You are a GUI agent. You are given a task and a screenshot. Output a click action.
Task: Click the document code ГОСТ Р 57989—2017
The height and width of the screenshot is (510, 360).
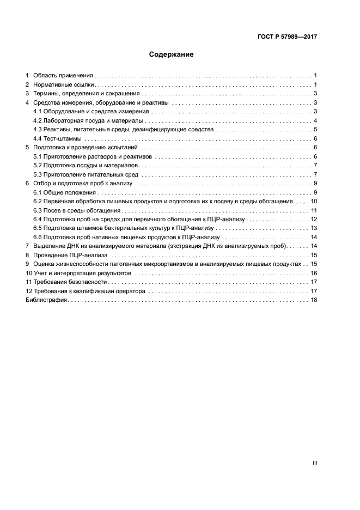pos(287,37)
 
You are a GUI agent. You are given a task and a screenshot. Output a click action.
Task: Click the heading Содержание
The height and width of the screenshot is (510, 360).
pos(172,55)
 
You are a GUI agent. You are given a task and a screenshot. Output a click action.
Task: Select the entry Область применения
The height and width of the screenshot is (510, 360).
pos(63,76)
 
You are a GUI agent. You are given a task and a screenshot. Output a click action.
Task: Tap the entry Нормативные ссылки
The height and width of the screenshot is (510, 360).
pos(64,85)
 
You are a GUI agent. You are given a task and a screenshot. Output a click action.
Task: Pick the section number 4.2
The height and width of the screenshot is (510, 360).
pos(38,120)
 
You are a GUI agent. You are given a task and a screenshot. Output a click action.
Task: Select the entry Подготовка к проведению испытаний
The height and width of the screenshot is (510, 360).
pos(87,148)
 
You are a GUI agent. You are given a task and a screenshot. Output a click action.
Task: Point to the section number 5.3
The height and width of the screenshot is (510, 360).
pos(38,175)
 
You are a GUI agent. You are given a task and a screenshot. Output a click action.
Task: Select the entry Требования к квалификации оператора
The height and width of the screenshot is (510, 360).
pos(89,292)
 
